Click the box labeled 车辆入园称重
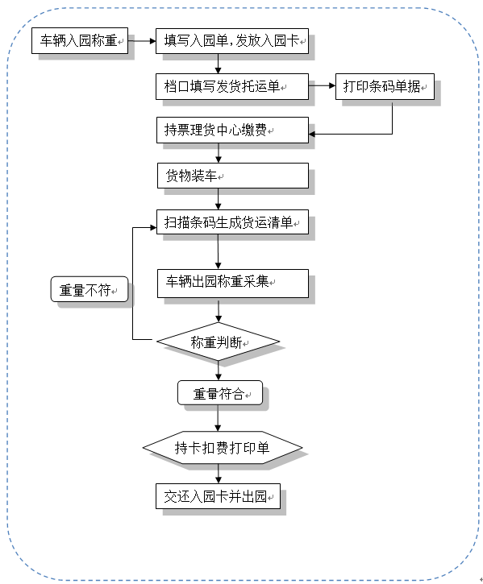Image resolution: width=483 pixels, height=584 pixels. [x=80, y=40]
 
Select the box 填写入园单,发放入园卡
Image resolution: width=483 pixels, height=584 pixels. [x=232, y=41]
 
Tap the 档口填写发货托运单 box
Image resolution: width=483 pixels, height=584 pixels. [x=232, y=86]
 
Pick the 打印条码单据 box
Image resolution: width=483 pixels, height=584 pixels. [x=385, y=86]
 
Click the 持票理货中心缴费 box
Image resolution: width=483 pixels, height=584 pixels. [x=232, y=130]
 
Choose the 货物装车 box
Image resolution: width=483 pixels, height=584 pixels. [x=233, y=176]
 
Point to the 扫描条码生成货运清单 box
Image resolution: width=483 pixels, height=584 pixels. [x=232, y=222]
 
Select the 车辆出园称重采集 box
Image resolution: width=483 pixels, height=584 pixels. [x=233, y=284]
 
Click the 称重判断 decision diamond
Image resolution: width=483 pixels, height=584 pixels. [x=219, y=342]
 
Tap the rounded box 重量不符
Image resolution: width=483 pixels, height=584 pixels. [x=90, y=289]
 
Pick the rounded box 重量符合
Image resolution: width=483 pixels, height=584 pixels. [x=220, y=392]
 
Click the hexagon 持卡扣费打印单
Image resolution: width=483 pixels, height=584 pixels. [x=223, y=447]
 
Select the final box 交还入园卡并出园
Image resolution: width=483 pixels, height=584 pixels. [x=218, y=496]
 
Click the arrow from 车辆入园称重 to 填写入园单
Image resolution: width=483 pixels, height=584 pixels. [x=142, y=41]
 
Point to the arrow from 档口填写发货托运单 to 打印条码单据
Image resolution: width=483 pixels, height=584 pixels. [x=322, y=85]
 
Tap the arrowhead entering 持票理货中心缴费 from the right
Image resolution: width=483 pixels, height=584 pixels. [x=312, y=134]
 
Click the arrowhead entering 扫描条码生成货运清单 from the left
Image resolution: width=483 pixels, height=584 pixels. [x=153, y=227]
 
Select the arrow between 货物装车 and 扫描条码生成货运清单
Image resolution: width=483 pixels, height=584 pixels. [x=219, y=199]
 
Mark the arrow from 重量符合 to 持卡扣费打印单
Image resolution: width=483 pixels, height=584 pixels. [x=218, y=418]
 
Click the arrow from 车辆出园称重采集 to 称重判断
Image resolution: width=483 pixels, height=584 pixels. [x=219, y=310]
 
